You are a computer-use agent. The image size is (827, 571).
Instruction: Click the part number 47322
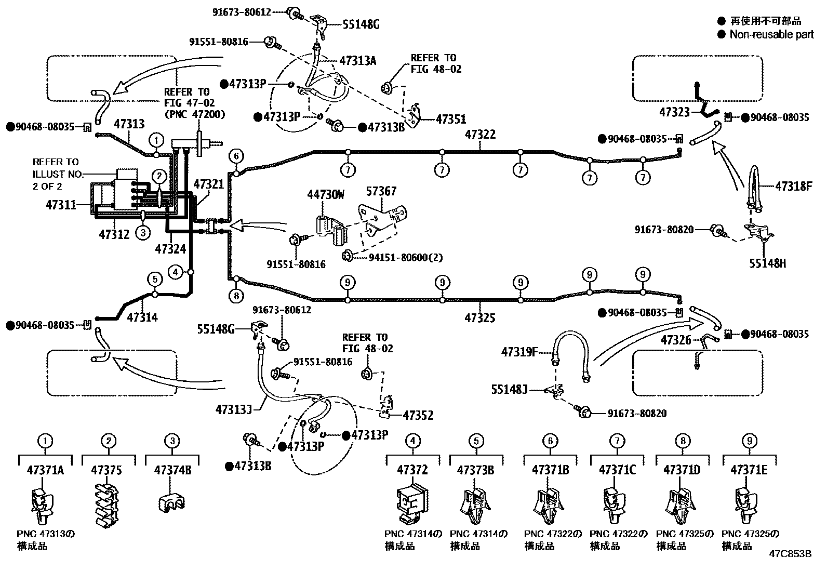coord(480,135)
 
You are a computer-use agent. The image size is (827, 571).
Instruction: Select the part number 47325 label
coord(480,317)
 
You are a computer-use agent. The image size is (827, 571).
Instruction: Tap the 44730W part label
coord(326,195)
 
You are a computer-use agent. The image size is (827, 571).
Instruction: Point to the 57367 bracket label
coord(381,191)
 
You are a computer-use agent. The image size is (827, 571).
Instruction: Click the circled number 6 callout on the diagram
coord(236,155)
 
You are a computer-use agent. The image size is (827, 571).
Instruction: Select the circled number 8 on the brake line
coord(236,296)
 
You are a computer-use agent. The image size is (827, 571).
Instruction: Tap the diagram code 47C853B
coord(790,554)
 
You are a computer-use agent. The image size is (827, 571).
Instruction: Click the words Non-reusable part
coord(771,34)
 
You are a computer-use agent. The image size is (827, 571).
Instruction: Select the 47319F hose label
coord(519,352)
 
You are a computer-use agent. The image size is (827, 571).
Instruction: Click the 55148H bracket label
coord(767,263)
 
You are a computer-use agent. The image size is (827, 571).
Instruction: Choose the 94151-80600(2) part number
coord(406,257)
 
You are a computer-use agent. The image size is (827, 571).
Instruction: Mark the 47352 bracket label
coord(418,415)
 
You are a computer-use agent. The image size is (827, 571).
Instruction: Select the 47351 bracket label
coord(451,119)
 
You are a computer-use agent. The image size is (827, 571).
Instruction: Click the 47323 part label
coord(675,112)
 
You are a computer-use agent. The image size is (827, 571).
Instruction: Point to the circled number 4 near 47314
coord(176,271)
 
